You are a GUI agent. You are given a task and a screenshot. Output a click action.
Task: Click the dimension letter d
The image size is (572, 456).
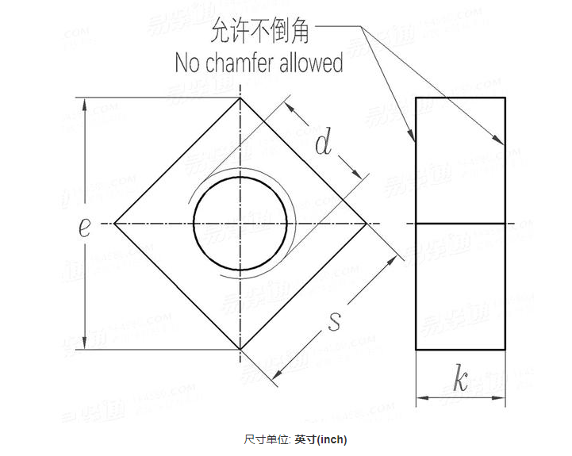[x=323, y=144]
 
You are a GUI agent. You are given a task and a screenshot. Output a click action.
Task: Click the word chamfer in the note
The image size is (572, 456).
[x=241, y=63]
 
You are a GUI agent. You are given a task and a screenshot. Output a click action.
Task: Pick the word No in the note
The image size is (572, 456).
[x=186, y=63]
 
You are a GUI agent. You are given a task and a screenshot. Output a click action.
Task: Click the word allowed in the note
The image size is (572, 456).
[x=311, y=63]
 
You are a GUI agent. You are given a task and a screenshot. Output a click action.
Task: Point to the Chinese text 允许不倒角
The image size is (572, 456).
[x=260, y=33]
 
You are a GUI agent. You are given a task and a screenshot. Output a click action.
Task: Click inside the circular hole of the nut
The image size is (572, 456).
[x=240, y=224]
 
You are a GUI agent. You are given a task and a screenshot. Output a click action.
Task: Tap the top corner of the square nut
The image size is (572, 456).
[x=240, y=98]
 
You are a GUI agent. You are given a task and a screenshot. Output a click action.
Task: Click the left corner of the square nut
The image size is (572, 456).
[x=114, y=224]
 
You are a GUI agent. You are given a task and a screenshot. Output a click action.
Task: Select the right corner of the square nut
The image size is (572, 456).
[x=367, y=224]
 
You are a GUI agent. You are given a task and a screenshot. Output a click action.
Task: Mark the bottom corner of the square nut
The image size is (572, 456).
[x=240, y=350]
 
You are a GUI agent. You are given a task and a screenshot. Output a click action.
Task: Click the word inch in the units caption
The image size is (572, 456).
[x=332, y=439]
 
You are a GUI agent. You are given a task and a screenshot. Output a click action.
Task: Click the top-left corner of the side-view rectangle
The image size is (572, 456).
[x=417, y=98]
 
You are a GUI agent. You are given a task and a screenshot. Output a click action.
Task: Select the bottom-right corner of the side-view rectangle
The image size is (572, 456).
[x=505, y=350]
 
